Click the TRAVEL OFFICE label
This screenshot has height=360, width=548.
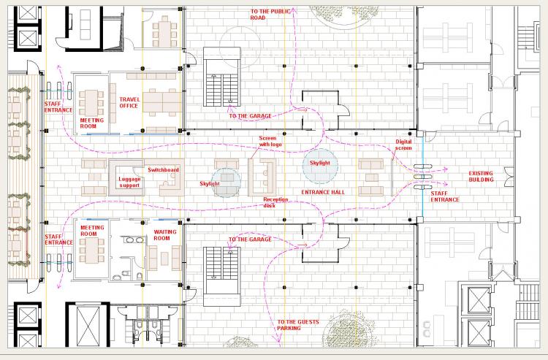(129, 103)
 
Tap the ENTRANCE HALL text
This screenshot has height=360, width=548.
(323, 192)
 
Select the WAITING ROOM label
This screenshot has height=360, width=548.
(165, 235)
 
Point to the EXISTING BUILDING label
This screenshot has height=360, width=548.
(481, 176)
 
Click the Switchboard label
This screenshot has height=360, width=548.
(163, 170)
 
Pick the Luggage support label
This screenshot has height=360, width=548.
(129, 183)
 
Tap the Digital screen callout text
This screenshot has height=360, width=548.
(403, 145)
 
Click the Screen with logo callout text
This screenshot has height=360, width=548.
(270, 141)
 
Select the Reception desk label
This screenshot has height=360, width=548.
(275, 202)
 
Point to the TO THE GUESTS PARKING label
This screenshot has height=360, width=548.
(298, 325)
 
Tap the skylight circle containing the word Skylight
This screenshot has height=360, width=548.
(320, 166)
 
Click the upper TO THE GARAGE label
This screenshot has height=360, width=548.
(250, 116)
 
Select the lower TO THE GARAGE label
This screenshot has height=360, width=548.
(250, 240)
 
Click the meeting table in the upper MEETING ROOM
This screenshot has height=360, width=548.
(91, 103)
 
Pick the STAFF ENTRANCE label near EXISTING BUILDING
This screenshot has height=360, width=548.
(444, 196)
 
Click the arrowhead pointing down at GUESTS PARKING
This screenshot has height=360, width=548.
(278, 339)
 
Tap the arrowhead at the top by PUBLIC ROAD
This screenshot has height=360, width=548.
(294, 10)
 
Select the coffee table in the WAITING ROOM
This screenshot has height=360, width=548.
(164, 258)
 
